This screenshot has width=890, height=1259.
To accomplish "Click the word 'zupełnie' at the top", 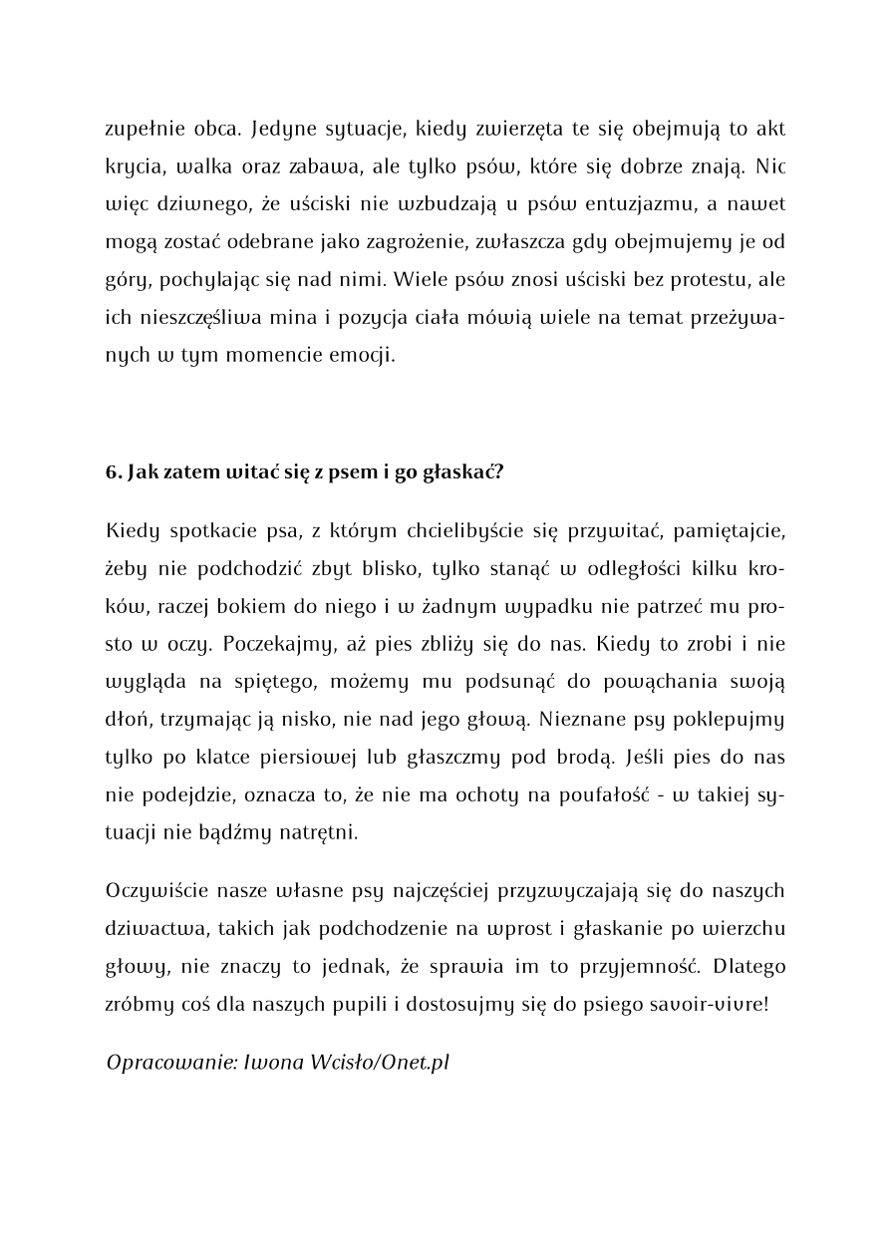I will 142,130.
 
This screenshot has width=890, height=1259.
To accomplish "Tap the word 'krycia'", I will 134,167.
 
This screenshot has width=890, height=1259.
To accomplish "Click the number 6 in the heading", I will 111,472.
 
